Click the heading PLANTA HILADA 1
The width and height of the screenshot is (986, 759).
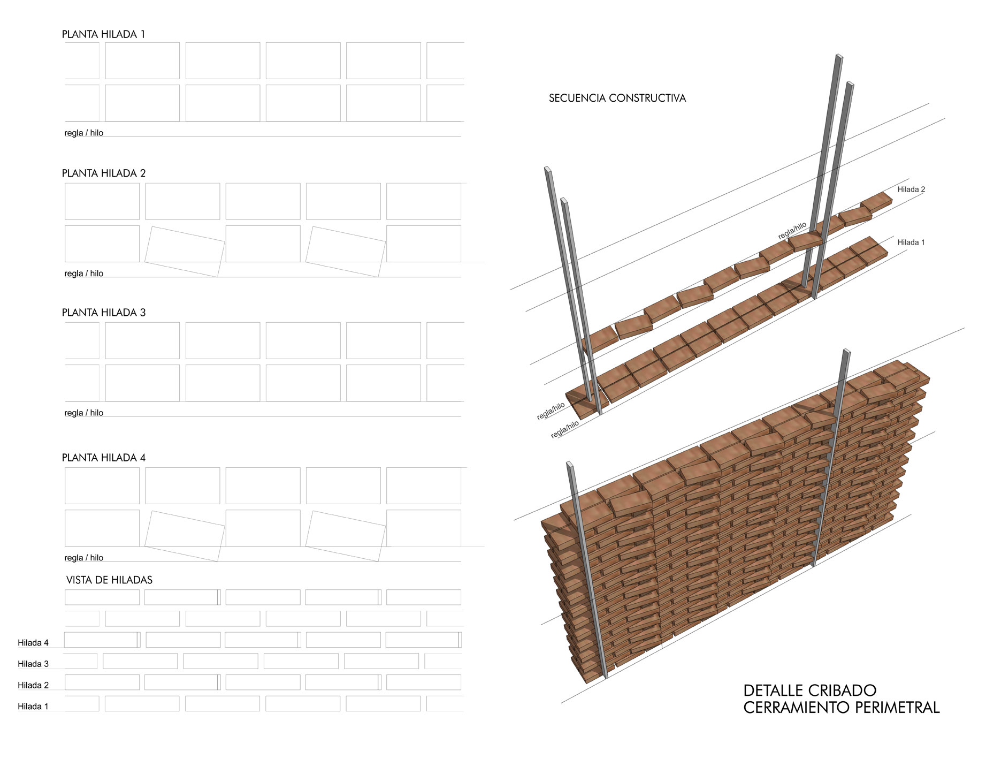point(103,34)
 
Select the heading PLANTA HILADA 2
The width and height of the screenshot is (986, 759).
point(104,173)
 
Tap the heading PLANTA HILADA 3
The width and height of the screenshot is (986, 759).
point(104,313)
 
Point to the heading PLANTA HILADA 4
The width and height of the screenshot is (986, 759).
point(104,458)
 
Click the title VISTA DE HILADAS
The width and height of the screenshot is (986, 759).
point(109,580)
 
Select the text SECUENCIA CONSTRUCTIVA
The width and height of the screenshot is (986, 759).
point(617,98)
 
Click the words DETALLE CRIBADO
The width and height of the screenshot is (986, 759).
point(810,690)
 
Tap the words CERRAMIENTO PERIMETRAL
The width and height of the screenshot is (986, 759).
point(842,708)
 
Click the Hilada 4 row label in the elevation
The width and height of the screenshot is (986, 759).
point(33,643)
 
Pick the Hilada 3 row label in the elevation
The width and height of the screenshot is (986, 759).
point(33,664)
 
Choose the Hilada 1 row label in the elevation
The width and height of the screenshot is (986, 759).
point(33,707)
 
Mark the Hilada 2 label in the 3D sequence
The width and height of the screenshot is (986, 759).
point(911,189)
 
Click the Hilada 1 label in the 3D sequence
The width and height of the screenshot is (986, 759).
point(911,242)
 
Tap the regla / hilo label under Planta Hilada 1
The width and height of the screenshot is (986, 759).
point(84,133)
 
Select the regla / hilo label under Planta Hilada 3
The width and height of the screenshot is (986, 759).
point(84,413)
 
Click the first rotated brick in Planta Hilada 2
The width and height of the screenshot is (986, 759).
point(185,252)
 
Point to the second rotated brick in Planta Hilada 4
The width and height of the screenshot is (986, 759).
point(346,536)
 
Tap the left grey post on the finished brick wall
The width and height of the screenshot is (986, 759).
point(587,570)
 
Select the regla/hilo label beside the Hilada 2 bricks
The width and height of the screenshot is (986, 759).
point(792,231)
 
